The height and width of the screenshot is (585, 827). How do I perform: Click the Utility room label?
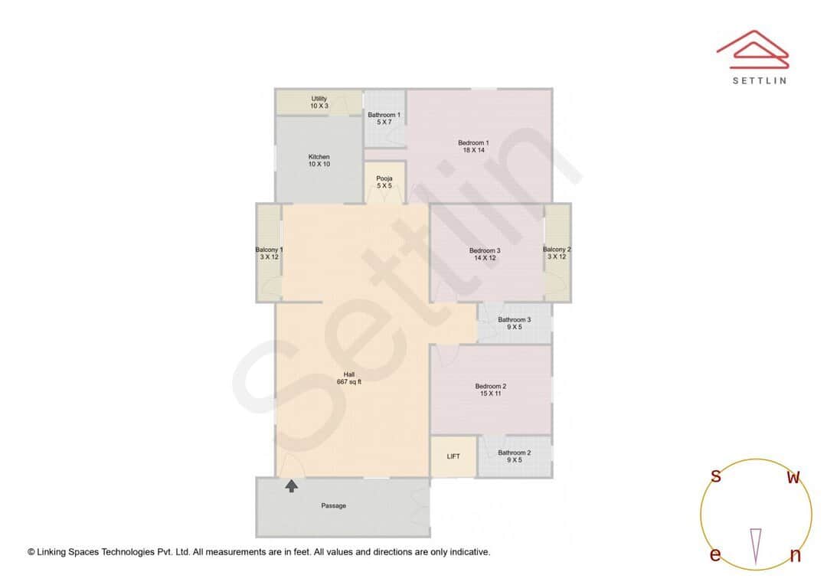319,102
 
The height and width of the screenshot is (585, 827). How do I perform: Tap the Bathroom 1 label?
384,118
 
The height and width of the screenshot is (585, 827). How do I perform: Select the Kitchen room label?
319,160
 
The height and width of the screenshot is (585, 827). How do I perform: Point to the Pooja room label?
384,182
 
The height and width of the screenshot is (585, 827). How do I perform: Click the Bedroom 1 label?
473,146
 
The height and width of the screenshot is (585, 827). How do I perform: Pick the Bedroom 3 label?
485,254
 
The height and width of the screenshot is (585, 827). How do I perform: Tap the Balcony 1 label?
269,253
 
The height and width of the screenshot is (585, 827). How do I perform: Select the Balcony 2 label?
557,253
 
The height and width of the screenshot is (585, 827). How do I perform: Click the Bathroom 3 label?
514,323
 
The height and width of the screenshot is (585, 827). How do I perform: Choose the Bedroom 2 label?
491,390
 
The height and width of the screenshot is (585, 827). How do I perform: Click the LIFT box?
453,456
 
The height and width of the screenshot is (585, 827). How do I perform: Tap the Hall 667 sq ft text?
348,378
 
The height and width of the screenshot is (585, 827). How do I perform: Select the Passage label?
333,505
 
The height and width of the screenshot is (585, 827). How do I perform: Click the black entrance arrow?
291,485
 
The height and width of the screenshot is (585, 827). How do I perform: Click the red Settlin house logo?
753,47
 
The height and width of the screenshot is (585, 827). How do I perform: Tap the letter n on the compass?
795,555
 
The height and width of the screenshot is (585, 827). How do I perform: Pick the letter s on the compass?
716,476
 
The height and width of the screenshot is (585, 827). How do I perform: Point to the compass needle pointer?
756,546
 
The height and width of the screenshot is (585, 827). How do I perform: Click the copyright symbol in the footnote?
31,551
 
